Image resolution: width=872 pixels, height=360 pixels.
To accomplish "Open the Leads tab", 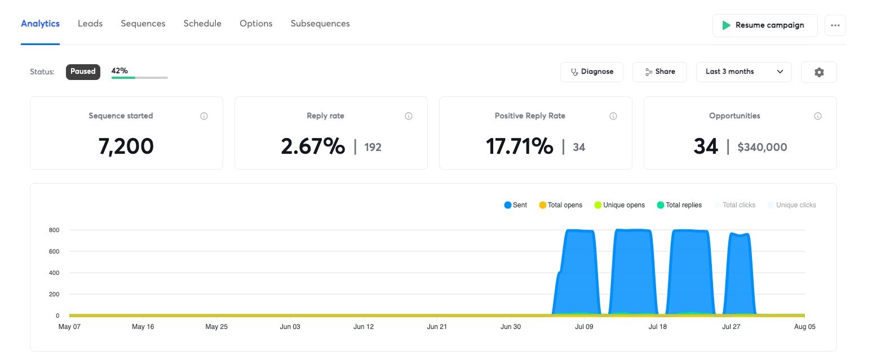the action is point(90,23).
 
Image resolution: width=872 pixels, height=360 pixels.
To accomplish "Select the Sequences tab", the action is point(143,24).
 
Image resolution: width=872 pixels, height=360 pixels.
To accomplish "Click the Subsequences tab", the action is point(320,24).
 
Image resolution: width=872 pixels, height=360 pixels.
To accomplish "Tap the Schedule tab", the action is point(202,23).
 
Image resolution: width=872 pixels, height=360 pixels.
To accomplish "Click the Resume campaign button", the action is point(765,26).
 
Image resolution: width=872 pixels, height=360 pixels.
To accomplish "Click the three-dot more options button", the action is point(835,26).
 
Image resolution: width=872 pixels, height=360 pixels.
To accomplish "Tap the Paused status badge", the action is point(83,72).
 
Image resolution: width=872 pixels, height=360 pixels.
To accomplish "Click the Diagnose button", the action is point(592,72).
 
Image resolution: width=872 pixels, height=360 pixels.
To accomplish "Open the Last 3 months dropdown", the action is point(743,72).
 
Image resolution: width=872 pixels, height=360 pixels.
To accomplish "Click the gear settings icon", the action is point(819,72).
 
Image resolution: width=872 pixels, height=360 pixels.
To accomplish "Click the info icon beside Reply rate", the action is point(408,116).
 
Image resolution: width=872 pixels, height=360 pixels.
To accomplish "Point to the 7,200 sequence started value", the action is point(126,146).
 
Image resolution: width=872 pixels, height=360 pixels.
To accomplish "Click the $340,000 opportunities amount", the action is point(762,147).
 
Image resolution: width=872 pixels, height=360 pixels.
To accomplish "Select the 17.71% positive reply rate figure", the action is point(519,146).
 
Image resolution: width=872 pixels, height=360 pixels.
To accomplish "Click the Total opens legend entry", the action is point(560,205).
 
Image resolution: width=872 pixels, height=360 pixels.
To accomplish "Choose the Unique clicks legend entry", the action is point(792,205).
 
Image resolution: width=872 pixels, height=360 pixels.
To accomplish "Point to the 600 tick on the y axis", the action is point(54,251).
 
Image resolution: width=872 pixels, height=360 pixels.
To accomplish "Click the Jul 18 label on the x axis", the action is point(657,327).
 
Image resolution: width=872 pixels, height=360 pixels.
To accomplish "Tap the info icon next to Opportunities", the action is point(818,116).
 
